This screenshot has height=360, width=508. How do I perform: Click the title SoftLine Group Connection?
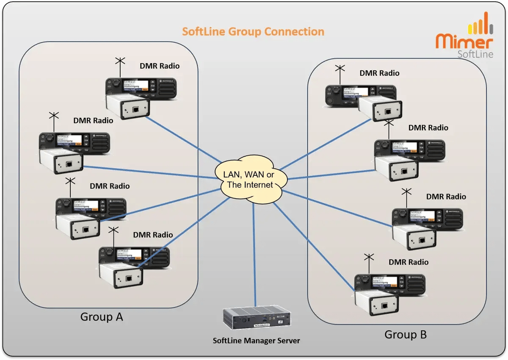point(253,32)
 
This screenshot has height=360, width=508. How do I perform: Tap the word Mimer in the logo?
point(464,42)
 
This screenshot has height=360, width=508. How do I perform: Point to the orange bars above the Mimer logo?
point(480,25)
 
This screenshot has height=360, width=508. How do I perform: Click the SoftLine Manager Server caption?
point(256,341)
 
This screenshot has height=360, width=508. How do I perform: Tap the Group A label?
point(102,317)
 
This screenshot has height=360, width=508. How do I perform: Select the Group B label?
point(405,335)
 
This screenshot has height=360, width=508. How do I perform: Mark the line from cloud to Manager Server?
point(254,254)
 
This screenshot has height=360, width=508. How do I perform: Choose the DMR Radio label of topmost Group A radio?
point(160,66)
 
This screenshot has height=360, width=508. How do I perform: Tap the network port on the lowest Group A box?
point(127,279)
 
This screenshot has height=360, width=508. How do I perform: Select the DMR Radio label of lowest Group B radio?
point(409,262)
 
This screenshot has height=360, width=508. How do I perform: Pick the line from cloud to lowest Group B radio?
point(313,246)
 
